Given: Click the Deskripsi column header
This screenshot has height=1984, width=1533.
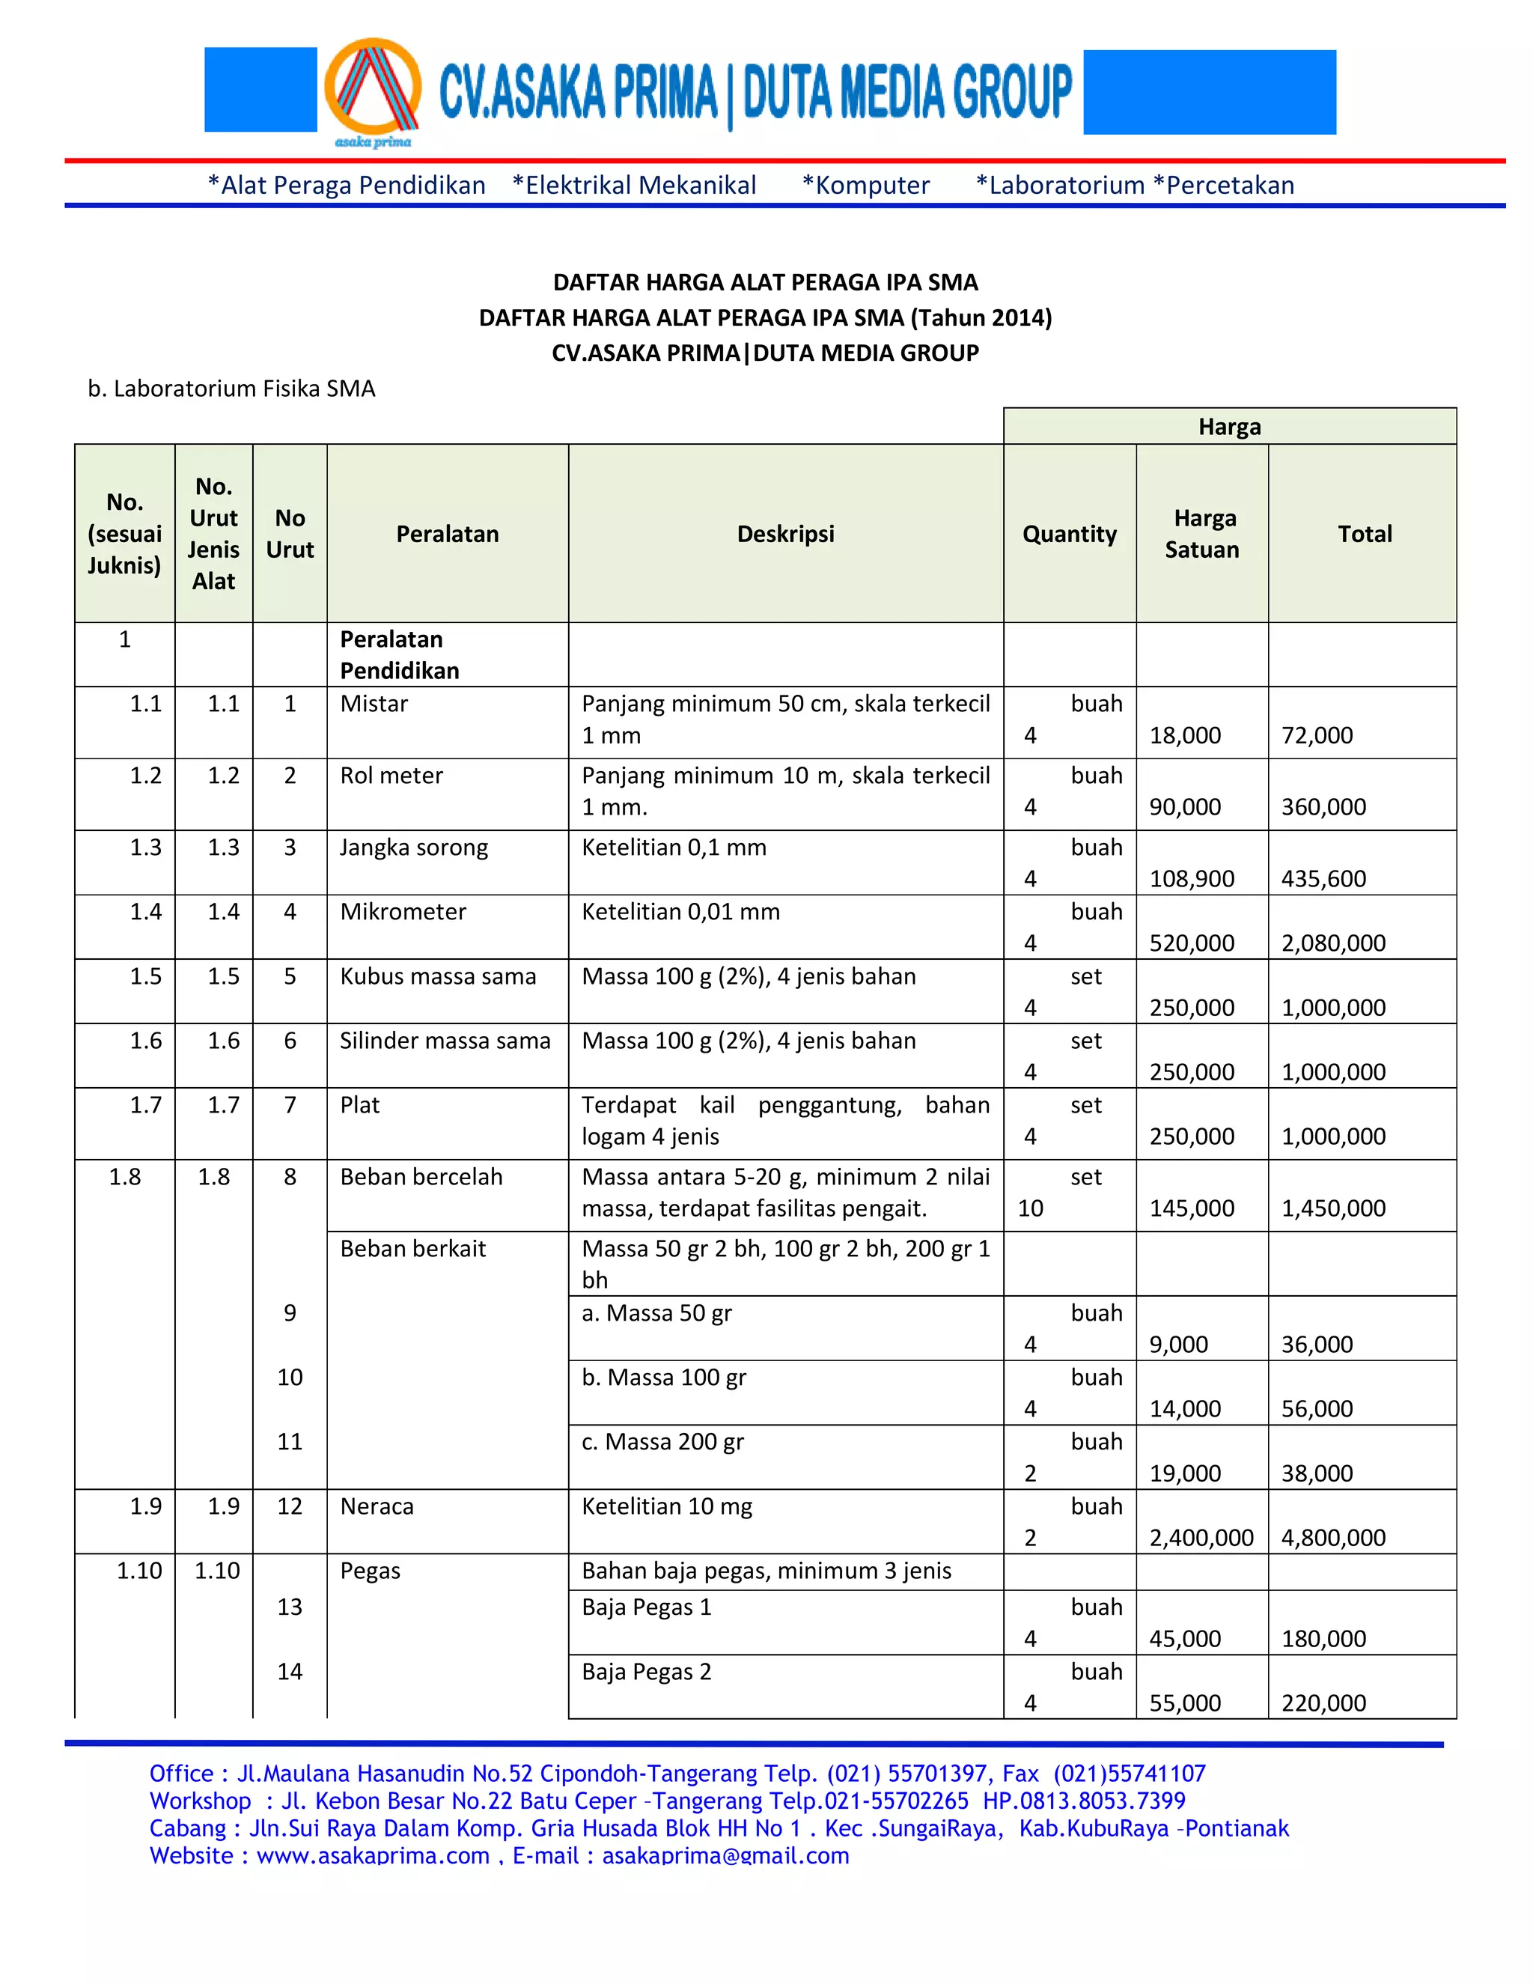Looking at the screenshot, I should click(784, 534).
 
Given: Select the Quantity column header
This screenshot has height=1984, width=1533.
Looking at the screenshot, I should click(1069, 534).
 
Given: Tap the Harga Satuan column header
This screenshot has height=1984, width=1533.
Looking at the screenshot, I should click(1201, 534).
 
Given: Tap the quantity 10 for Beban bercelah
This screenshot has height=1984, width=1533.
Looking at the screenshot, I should click(1030, 1208).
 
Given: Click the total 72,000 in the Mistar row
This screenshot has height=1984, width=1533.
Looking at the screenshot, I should click(1316, 735).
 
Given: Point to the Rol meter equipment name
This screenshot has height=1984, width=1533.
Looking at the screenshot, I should click(391, 776).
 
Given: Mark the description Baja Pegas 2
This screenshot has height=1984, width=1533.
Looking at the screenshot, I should click(646, 1672).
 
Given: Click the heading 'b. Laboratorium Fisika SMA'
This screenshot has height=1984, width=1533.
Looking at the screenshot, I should click(231, 389).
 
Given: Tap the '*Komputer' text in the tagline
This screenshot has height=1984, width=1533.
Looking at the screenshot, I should click(865, 186).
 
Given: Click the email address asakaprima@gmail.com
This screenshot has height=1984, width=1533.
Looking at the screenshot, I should click(725, 1855).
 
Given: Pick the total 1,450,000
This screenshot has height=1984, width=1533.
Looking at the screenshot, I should click(1332, 1208).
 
